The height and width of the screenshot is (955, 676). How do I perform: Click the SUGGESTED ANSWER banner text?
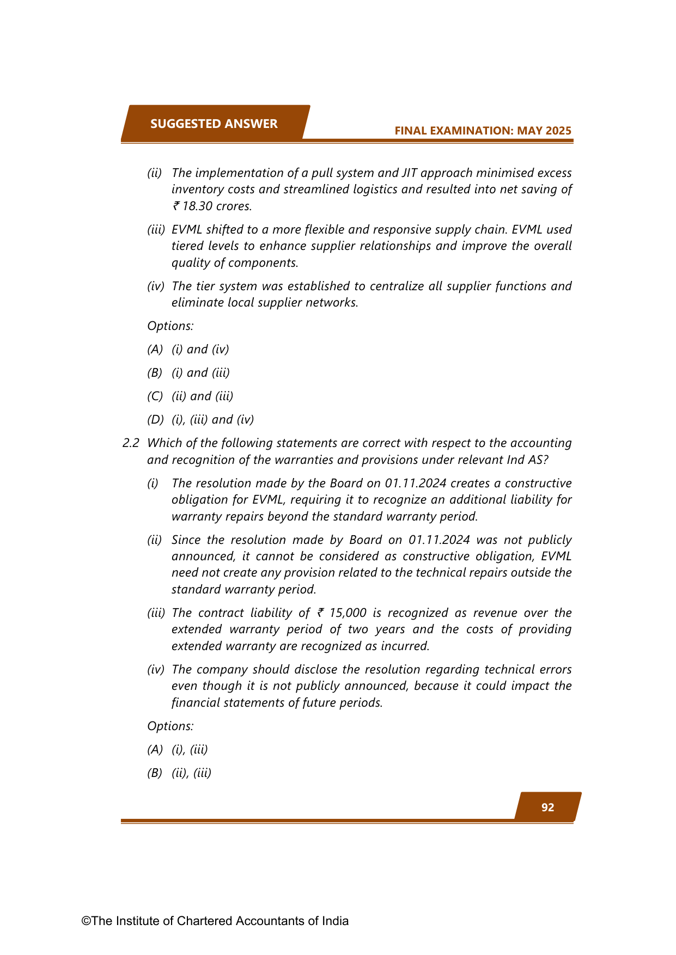(214, 124)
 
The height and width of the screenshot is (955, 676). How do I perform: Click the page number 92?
(547, 807)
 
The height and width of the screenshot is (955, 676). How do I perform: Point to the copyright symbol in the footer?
(86, 921)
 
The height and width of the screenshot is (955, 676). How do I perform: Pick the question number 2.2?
(131, 443)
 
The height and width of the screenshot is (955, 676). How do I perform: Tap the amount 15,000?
(348, 613)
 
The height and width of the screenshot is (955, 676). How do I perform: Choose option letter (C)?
(155, 396)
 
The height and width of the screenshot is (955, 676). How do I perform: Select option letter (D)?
(155, 419)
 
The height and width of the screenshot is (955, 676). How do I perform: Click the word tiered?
(187, 246)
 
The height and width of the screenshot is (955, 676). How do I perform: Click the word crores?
(234, 206)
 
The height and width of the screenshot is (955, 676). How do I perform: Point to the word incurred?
(406, 646)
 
